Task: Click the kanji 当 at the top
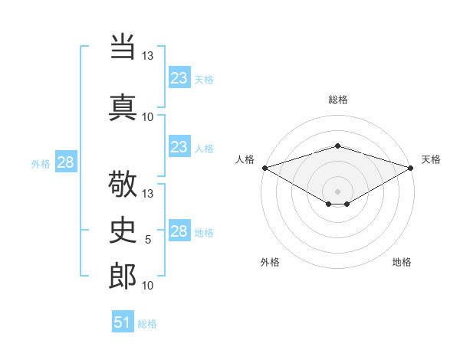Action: (123, 48)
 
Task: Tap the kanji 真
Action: (123, 106)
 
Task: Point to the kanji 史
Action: (123, 229)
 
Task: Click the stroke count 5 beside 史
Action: (148, 240)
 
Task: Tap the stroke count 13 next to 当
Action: (148, 56)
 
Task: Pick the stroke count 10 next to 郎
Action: (148, 286)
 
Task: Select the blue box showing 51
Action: (123, 322)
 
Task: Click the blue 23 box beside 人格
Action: (179, 147)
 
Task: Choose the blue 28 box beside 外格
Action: (65, 162)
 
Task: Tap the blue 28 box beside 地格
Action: (179, 231)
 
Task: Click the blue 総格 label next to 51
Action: (147, 324)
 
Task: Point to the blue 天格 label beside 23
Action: (204, 79)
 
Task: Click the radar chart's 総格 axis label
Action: (337, 100)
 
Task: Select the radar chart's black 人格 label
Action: (245, 159)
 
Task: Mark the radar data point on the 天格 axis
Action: (412, 168)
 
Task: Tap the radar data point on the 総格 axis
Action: (337, 146)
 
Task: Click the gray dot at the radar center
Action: (337, 190)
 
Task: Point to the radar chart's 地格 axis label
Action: (402, 262)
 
